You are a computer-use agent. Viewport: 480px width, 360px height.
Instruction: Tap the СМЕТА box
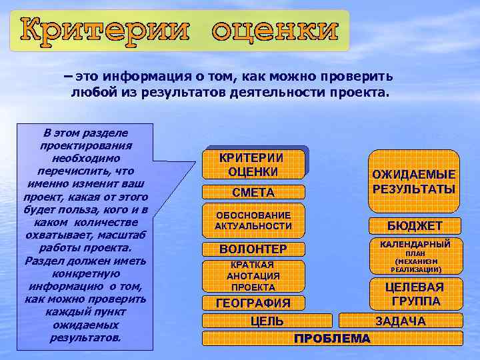[x=253, y=193]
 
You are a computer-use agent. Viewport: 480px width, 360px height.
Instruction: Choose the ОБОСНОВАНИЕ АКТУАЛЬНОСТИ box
[x=253, y=221]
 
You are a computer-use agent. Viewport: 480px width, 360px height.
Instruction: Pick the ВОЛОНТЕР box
[x=253, y=249]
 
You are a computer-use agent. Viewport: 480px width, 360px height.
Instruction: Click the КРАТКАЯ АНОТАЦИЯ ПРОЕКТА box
[x=253, y=276]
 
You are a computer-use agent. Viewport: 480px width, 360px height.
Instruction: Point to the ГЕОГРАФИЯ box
[x=253, y=303]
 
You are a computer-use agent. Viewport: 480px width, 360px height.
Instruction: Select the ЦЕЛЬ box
[x=267, y=321]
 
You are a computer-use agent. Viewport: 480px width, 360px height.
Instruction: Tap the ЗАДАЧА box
[x=400, y=321]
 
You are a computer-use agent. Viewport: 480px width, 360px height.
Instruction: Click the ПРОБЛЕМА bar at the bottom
[x=332, y=339]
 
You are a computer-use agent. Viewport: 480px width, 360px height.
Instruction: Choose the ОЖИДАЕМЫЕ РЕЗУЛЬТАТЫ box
[x=414, y=181]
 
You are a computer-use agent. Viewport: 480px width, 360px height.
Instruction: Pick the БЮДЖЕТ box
[x=415, y=225]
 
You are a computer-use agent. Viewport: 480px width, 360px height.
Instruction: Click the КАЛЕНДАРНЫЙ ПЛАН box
[x=415, y=257]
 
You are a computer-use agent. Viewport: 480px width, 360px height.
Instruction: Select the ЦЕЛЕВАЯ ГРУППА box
[x=415, y=294]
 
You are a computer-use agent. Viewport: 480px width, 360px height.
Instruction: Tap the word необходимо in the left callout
[x=85, y=158]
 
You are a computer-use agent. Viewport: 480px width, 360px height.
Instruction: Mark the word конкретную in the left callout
[x=85, y=273]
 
